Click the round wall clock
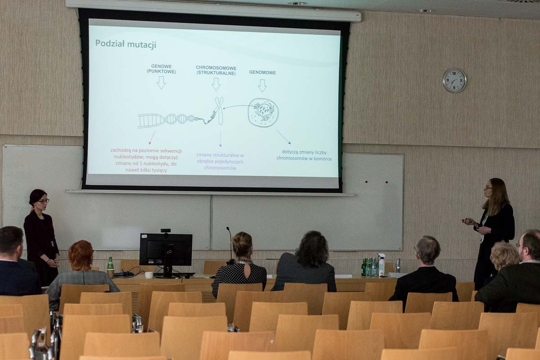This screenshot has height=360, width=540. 454,81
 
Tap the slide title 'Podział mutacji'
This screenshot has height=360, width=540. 126,44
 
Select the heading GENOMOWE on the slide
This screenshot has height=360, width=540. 262,72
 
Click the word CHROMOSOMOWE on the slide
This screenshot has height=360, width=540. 216,68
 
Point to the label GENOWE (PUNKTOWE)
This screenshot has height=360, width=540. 161,69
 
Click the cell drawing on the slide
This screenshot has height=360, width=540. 263,112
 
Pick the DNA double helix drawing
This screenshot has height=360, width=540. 166,120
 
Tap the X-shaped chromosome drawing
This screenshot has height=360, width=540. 219,110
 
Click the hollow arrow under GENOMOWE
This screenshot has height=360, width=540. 262,85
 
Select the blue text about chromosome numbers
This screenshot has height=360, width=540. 304,155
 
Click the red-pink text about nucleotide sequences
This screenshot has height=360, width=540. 146,160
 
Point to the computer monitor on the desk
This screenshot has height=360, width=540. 166,250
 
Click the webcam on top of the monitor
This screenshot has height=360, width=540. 166,230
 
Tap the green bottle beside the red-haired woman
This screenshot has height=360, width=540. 110,264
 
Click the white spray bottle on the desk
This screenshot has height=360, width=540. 382,265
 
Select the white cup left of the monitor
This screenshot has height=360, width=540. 149,274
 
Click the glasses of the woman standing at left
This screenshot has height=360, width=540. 44,201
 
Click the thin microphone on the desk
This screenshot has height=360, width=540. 230,243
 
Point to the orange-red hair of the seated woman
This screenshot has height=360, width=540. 81,255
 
